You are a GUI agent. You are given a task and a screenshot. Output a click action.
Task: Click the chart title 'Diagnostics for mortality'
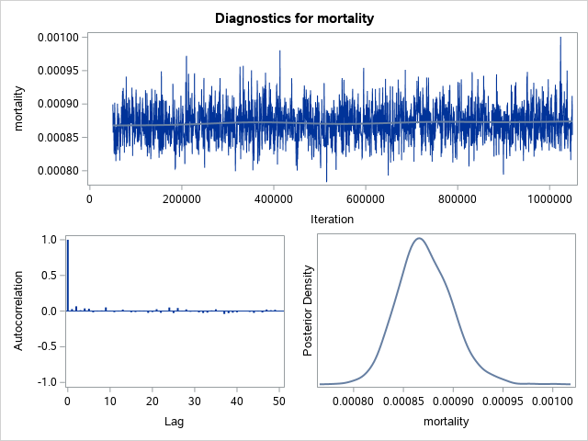pyautogui.click(x=294, y=17)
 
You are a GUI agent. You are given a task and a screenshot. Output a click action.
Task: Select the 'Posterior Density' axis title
pyautogui.click(x=310, y=311)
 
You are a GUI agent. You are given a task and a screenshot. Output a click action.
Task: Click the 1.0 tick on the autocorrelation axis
pyautogui.click(x=49, y=240)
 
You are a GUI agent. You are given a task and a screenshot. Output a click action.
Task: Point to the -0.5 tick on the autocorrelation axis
pyautogui.click(x=47, y=346)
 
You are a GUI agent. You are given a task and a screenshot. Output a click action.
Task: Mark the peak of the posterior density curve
pyautogui.click(x=419, y=239)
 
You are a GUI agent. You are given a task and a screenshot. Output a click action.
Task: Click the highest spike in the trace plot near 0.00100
pyautogui.click(x=560, y=39)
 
